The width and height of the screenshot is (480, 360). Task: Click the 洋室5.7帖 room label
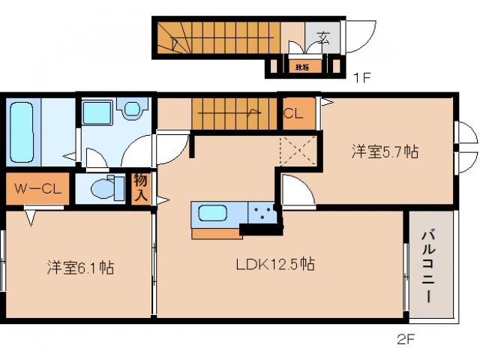click(x=385, y=151)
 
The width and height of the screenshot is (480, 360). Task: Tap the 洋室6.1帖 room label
click(x=79, y=267)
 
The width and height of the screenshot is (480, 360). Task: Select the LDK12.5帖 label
click(x=274, y=264)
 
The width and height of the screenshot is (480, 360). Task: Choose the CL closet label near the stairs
click(x=292, y=115)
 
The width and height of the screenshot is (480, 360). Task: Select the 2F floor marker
click(x=405, y=338)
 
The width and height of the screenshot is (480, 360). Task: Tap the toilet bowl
click(x=101, y=188)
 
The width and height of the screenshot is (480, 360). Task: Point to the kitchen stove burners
click(x=262, y=213)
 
